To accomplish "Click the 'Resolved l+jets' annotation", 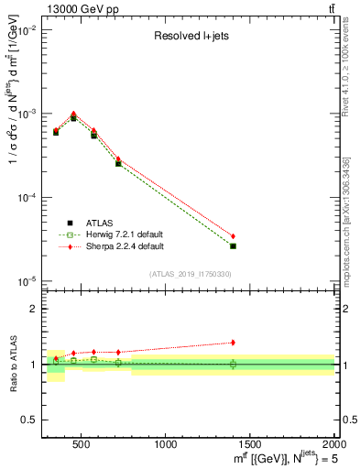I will (191, 38).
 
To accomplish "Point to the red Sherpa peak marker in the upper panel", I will (73, 114).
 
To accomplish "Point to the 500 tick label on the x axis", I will (82, 444).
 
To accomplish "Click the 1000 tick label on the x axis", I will (166, 444).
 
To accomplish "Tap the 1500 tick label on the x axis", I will (250, 444).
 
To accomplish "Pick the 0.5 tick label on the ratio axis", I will (29, 420).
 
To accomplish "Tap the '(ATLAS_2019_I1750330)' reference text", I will (190, 274).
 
